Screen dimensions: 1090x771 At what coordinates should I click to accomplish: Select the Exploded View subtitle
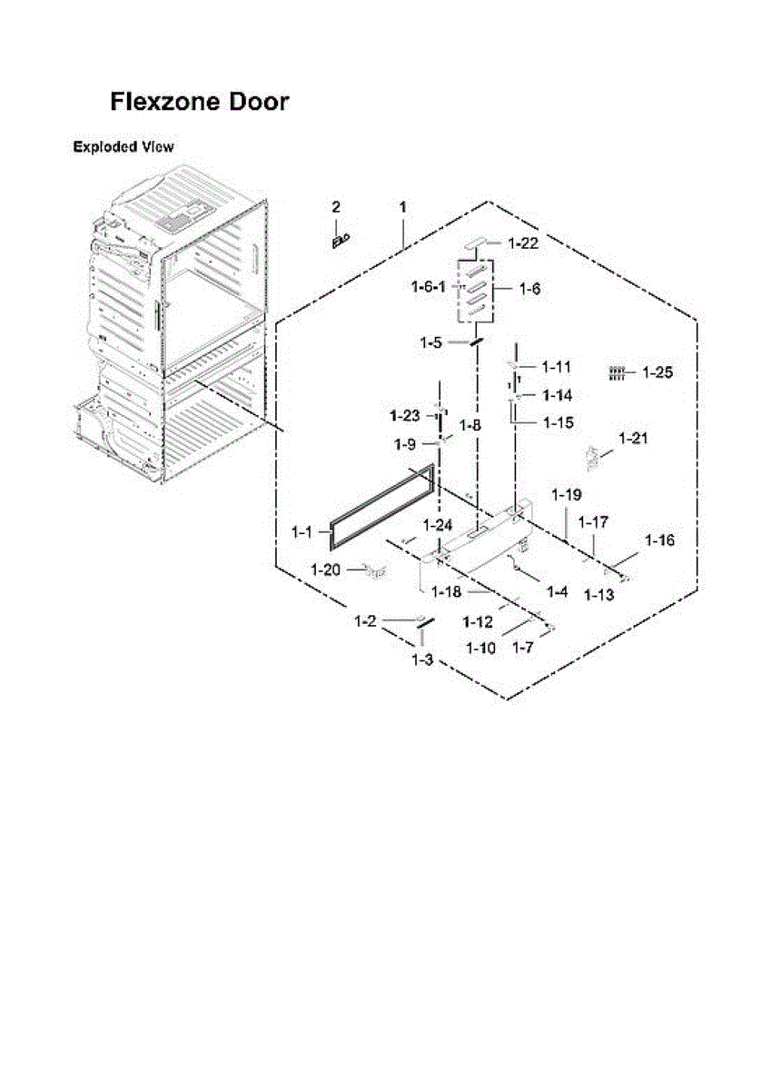[x=124, y=147]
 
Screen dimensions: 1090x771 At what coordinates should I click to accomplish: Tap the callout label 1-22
[x=523, y=243]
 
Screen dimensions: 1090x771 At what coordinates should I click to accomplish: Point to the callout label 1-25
[x=657, y=372]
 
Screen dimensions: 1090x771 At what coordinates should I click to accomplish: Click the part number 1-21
[x=633, y=439]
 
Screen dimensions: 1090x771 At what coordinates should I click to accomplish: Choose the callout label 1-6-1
[x=427, y=287]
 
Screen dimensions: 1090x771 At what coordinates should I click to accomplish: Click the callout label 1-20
[x=325, y=570]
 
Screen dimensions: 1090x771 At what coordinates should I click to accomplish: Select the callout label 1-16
[x=660, y=540]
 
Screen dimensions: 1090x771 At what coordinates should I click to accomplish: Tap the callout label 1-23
[x=404, y=416]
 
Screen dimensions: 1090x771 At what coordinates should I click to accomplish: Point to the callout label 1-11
[x=556, y=367]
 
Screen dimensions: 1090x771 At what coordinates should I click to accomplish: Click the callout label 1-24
[x=438, y=524]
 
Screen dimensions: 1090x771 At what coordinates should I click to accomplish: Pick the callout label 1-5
[x=430, y=342]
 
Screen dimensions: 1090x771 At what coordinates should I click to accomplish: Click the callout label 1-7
[x=522, y=648]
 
